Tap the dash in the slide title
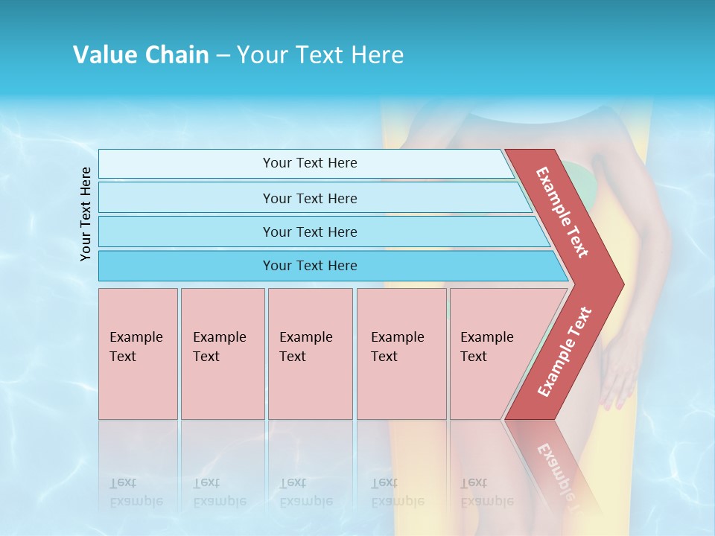click(x=223, y=56)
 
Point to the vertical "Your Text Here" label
click(x=86, y=214)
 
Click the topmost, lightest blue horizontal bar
click(x=305, y=164)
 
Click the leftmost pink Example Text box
click(x=138, y=354)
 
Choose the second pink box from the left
click(x=223, y=354)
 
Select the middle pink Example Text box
click(x=310, y=354)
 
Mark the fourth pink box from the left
click(x=401, y=354)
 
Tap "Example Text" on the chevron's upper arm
click(x=562, y=212)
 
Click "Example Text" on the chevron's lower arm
click(x=565, y=351)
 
